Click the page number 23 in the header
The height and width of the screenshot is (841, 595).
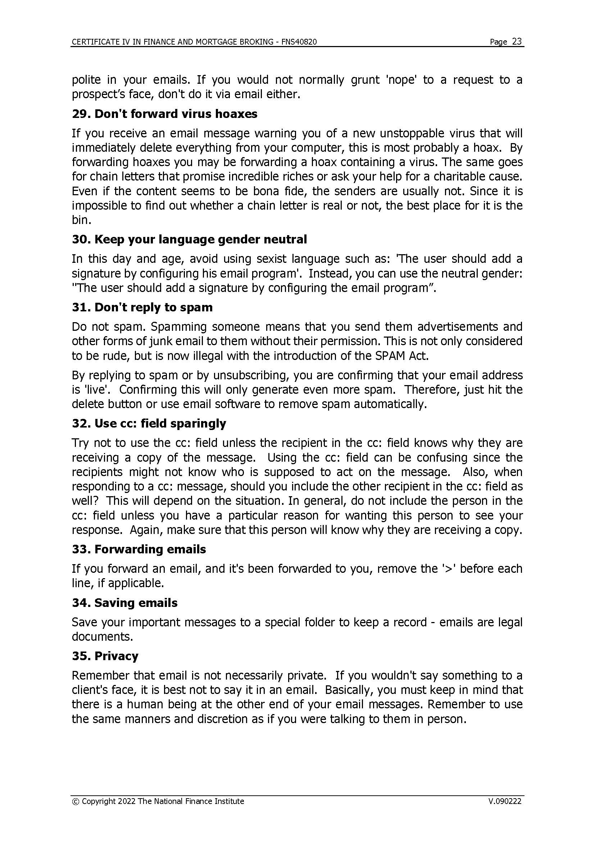point(517,41)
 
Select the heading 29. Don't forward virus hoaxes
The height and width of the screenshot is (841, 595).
point(164,114)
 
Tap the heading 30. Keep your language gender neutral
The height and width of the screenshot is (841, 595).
point(189,239)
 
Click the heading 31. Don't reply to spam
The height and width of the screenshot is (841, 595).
point(142,307)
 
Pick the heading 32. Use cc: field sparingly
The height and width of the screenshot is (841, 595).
point(149,424)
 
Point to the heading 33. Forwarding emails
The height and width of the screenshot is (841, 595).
point(139,549)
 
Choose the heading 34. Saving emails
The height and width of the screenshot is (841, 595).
point(124,603)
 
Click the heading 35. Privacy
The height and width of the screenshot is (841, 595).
point(105,656)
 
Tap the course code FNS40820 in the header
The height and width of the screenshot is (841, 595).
point(299,42)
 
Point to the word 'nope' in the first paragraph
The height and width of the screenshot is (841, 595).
point(401,80)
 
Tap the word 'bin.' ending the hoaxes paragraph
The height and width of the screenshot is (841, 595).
point(81,220)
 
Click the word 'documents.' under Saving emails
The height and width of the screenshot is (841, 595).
point(102,637)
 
